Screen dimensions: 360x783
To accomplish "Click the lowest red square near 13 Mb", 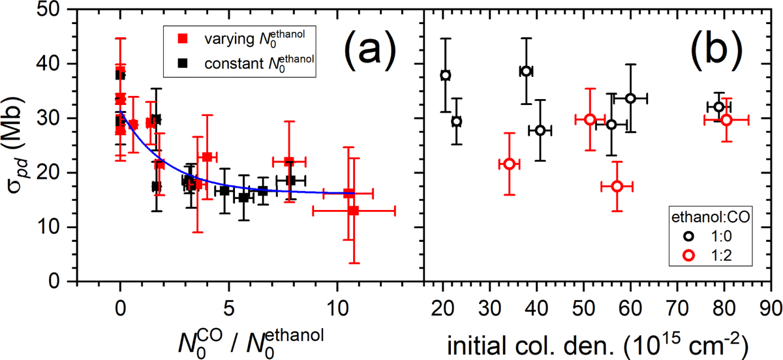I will pos(354,211).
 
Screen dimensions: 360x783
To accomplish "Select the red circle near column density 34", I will pos(510,164).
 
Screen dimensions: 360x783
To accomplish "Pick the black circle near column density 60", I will pos(630,98).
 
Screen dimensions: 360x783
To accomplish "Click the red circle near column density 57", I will pos(617,187).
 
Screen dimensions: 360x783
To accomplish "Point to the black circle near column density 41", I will pos(540,130).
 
